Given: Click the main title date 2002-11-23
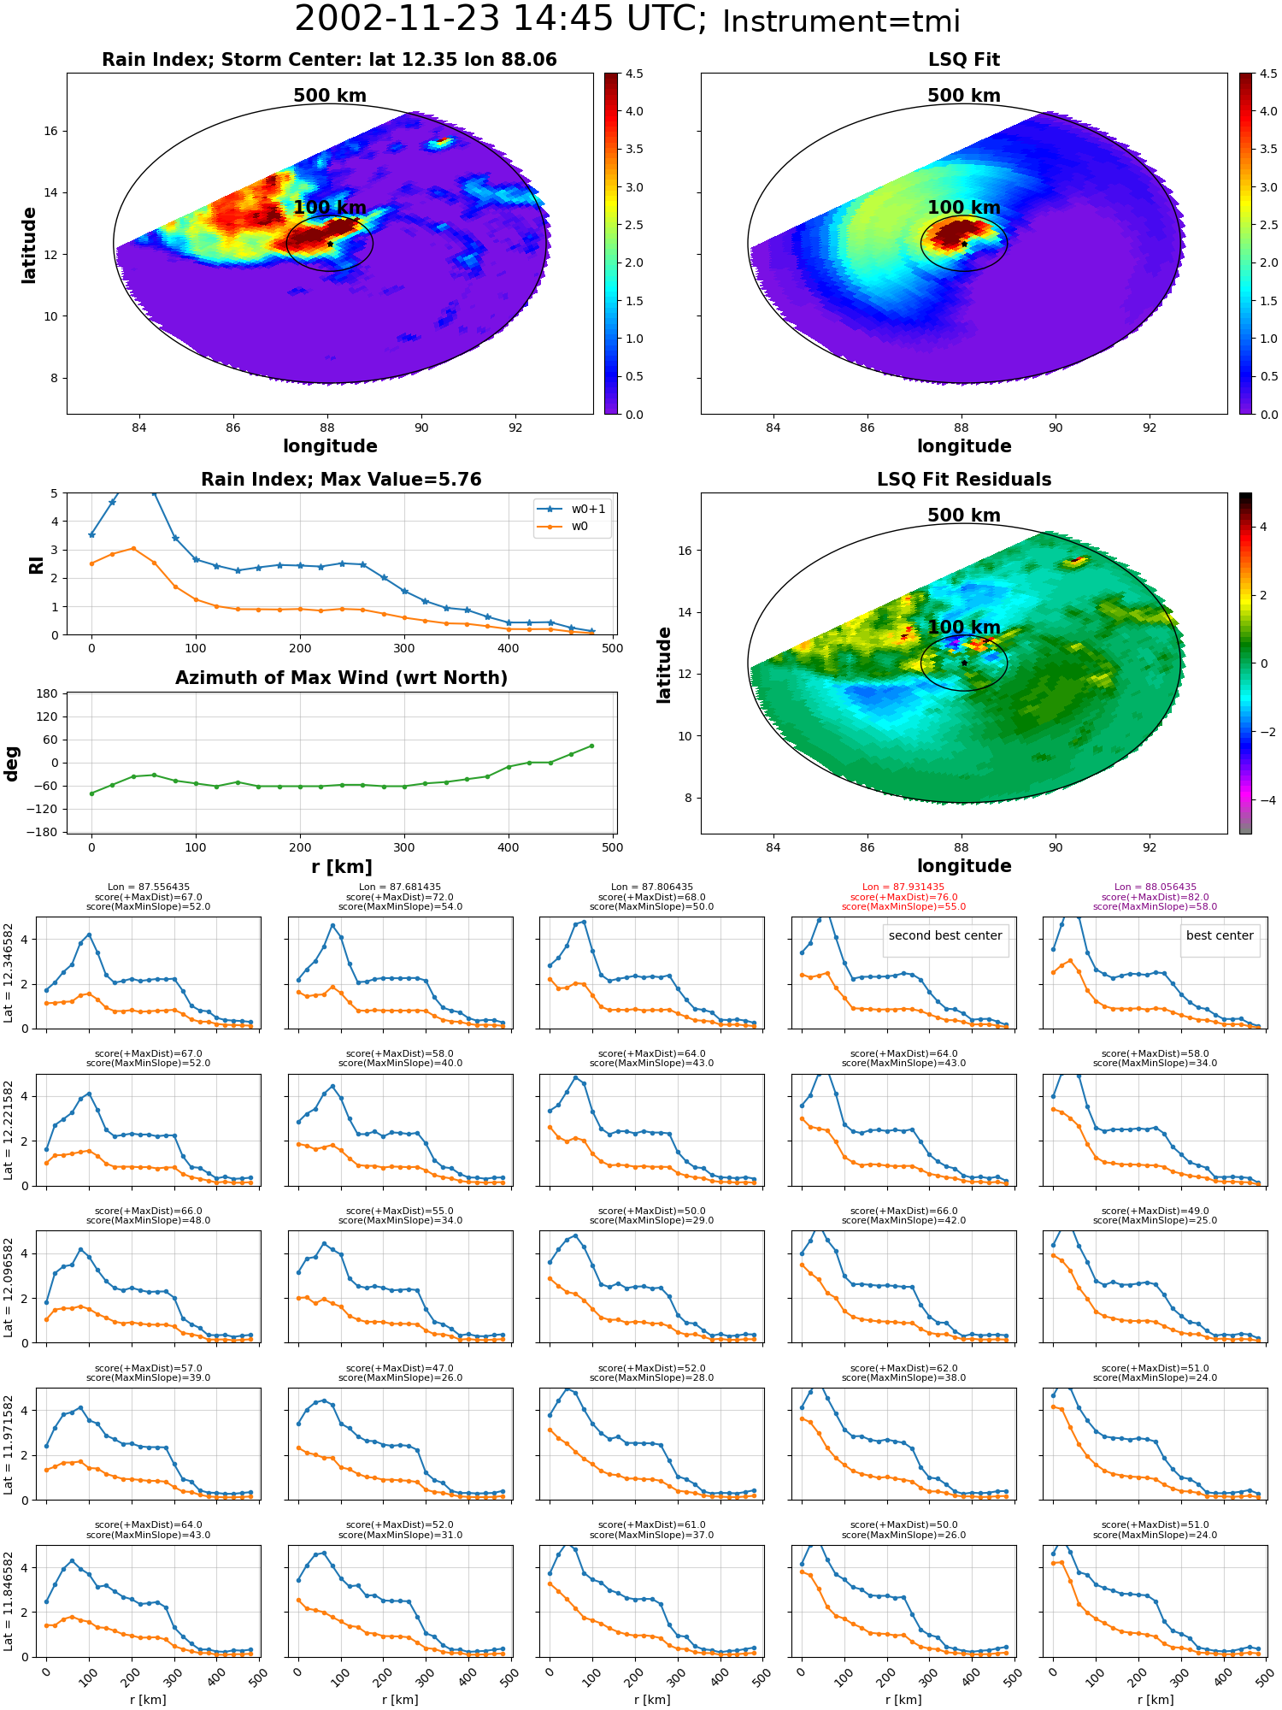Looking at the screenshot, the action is [x=397, y=20].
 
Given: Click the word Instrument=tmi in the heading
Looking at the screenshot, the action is [x=841, y=21].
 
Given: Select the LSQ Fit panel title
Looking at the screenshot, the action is [x=964, y=60].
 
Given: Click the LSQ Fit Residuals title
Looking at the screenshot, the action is [x=964, y=480].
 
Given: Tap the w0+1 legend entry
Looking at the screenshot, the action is [x=572, y=509].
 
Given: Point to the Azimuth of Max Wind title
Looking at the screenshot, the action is [x=342, y=678].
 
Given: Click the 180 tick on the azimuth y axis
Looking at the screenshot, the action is [x=47, y=693].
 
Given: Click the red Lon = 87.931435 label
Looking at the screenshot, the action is [x=903, y=887].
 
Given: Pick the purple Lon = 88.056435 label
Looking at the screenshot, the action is [x=1156, y=887].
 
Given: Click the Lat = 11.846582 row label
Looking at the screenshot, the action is [x=9, y=1601].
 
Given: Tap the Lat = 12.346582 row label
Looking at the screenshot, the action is [x=9, y=973].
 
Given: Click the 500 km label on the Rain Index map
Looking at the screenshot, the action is [x=330, y=96].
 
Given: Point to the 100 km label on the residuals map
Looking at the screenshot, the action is [x=964, y=628].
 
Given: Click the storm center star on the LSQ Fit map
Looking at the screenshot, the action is [x=964, y=244].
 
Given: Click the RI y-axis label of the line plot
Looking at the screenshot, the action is [x=37, y=564].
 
